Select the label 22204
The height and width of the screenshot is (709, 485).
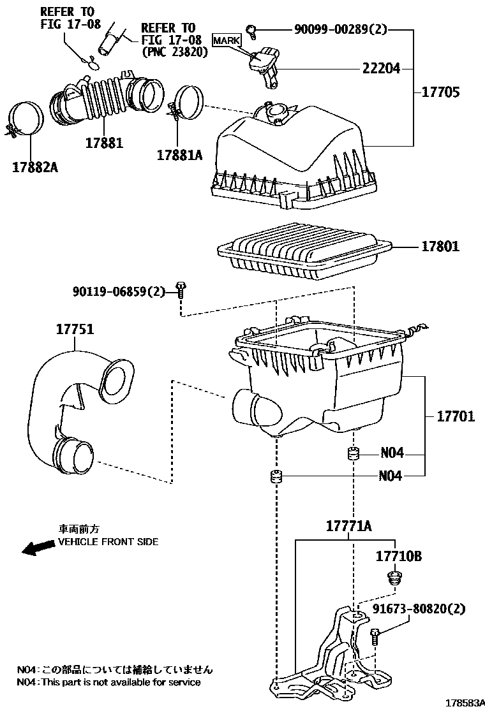382,68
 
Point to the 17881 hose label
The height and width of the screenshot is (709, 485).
104,142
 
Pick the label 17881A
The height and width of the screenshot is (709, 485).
179,154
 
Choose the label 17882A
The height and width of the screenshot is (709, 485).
34,168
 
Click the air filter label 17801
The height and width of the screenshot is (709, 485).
439,246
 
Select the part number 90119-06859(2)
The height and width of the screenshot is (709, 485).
118,291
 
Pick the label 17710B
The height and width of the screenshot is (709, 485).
398,556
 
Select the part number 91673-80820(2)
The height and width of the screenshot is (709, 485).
420,609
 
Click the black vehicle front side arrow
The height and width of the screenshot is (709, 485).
37,548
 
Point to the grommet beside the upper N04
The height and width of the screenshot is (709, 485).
353,454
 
